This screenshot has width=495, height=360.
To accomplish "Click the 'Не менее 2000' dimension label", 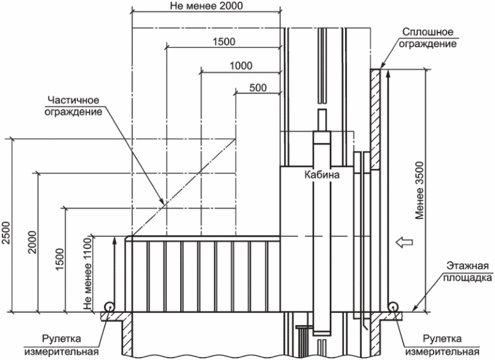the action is point(207,6).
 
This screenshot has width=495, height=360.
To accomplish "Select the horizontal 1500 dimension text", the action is point(224,41).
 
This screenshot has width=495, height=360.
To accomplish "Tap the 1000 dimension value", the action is point(241,66).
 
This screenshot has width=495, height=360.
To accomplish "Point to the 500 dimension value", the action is point(258,87).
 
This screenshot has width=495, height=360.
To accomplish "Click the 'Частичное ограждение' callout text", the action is point(74,106).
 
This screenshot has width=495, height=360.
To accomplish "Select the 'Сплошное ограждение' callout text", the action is point(428,38).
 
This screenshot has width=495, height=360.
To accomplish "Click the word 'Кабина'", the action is point(322,175).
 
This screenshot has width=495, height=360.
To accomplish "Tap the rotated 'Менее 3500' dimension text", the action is point(419,190).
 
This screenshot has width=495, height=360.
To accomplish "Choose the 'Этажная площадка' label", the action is point(468,271).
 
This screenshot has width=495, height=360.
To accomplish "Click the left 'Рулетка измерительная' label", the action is point(61,345).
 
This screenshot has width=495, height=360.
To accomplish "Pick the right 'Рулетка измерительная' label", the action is point(442,345).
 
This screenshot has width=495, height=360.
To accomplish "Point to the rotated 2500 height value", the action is point(6,233).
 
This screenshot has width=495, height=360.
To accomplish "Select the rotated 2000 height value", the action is point(32,242).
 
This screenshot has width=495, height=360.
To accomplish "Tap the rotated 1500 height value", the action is point(59,259).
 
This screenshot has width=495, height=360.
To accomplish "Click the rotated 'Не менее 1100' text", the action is point(87,274).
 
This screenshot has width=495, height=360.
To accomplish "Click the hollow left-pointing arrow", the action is point(405,242).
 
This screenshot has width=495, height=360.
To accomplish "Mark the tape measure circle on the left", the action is point(109,307).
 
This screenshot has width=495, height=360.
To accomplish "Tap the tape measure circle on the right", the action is point(393,307).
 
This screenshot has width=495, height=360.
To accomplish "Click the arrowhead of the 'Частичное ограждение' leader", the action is point(162,202).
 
